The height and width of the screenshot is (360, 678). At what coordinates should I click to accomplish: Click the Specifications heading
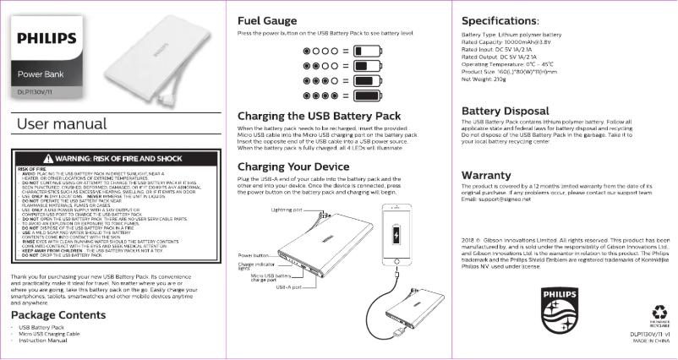506,19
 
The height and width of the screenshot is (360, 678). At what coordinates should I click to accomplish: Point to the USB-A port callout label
290,286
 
